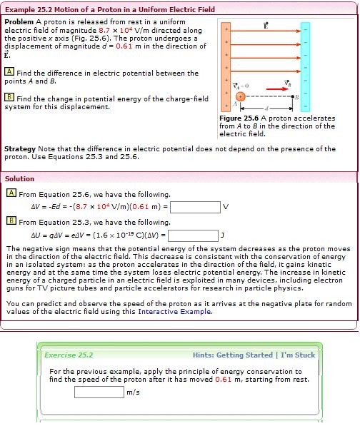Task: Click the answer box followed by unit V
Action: [x=195, y=208]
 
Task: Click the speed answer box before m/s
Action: [x=99, y=391]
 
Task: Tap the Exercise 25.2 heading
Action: [x=69, y=355]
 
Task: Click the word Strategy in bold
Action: [x=21, y=148]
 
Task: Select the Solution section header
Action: [x=19, y=178]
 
